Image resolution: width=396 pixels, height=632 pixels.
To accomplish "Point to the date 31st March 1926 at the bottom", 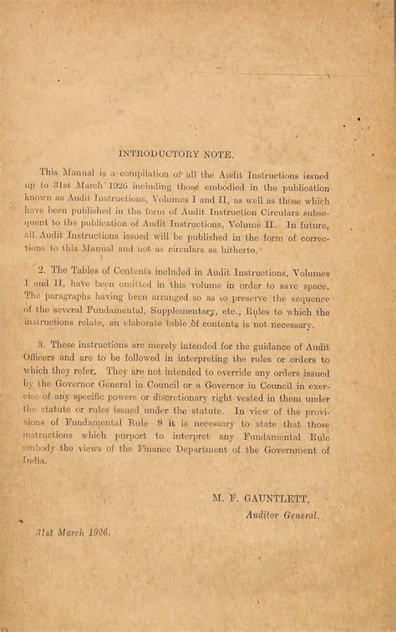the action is click(x=73, y=531).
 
